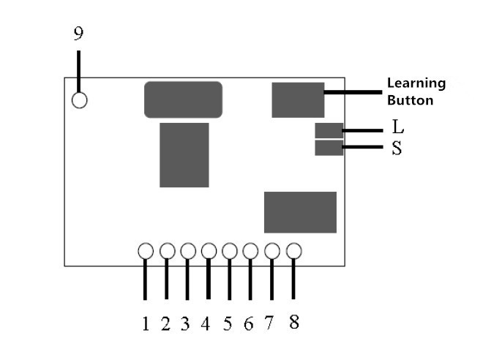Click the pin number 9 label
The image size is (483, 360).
tap(78, 33)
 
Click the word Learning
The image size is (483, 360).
tap(416, 84)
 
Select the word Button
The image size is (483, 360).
tap(411, 100)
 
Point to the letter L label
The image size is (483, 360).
tap(398, 127)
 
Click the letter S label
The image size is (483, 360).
tap(397, 148)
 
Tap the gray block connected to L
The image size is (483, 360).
tap(329, 130)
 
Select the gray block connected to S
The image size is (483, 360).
tap(329, 148)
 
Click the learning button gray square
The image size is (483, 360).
tap(298, 100)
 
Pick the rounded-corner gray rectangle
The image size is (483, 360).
tap(183, 100)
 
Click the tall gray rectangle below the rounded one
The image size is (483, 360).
tap(184, 155)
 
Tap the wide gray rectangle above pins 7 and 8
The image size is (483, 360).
tap(300, 212)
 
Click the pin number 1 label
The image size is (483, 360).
tap(146, 324)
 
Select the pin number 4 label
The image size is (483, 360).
tap(206, 324)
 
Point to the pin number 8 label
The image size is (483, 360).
tap(294, 322)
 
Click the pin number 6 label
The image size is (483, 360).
tap(249, 324)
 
